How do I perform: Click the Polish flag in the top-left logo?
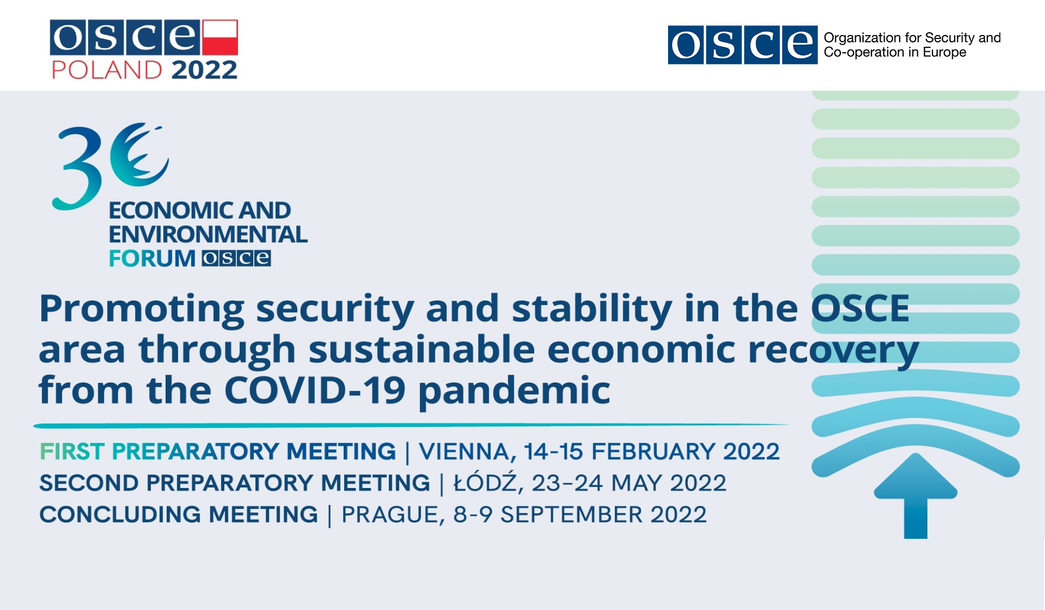pos(220,37)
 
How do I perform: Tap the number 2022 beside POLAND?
pos(204,71)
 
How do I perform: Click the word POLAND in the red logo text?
pos(107,71)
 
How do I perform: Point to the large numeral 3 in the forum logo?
pos(77,168)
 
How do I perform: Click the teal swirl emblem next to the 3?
pos(139,154)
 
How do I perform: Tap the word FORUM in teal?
pos(152,259)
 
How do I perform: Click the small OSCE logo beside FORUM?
pos(236,258)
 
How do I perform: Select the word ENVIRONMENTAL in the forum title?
pos(208,234)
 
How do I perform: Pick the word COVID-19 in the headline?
pos(315,390)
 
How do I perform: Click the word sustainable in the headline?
pos(422,350)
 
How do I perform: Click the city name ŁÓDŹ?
pos(485,482)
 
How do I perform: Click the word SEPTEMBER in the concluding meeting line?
pos(570,515)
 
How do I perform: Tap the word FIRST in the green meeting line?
pos(72,452)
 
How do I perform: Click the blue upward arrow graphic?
pos(916,496)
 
